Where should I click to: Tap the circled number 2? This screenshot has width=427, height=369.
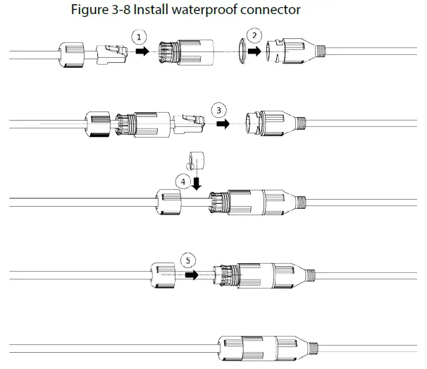tap(256, 35)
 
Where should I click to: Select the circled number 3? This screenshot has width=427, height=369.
tap(220, 110)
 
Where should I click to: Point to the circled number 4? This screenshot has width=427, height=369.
tap(184, 181)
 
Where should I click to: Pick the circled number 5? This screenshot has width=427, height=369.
tap(187, 260)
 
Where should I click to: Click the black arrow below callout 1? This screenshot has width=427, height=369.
tap(142, 52)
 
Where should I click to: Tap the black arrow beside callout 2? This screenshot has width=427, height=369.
tap(254, 52)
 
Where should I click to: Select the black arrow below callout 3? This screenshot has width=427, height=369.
tap(224, 123)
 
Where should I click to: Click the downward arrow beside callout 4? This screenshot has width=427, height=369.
tap(196, 183)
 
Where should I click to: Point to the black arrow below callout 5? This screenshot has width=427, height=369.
tap(191, 274)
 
